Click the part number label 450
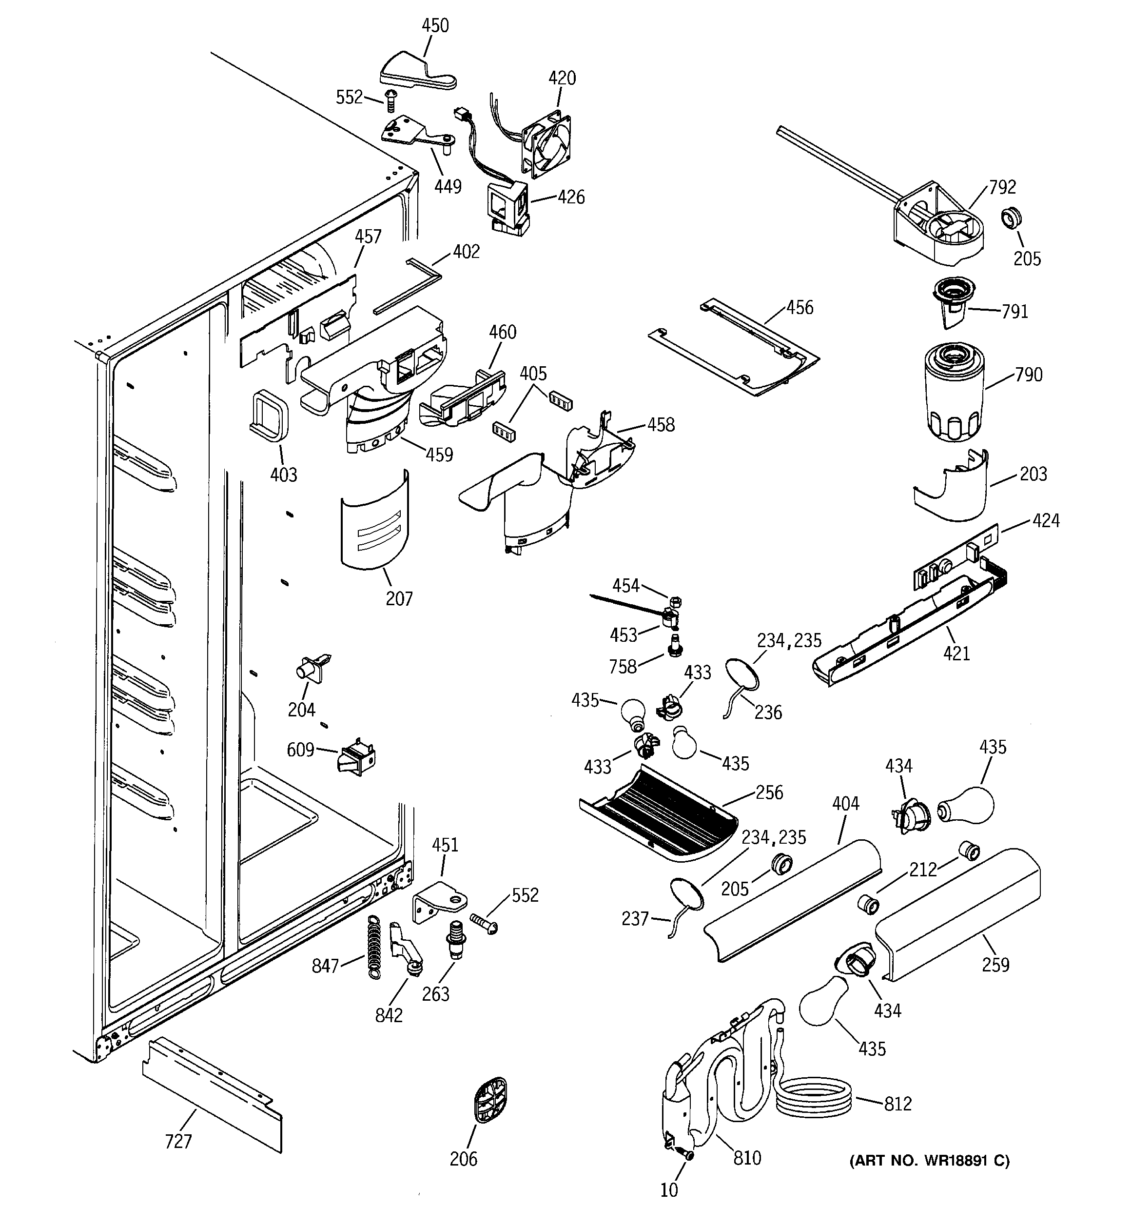[435, 25]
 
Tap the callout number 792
[1002, 187]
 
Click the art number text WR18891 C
[929, 1161]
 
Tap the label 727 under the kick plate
[178, 1142]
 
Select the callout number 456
[799, 308]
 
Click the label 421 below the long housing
[956, 654]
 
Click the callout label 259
[995, 964]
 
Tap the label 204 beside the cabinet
[301, 709]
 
